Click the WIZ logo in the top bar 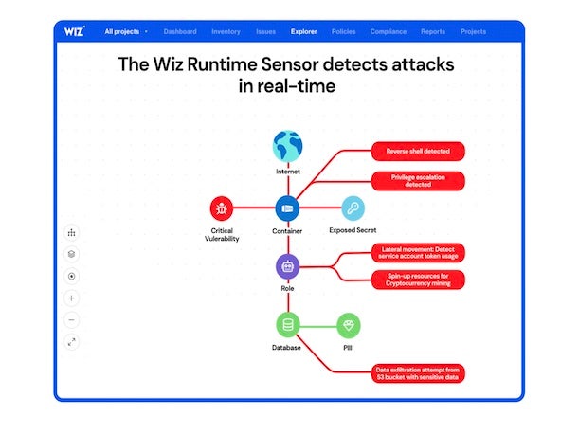tap(75, 31)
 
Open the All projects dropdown tap(126, 31)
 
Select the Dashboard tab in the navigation tap(180, 31)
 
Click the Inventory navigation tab tap(226, 31)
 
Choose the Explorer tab tap(304, 31)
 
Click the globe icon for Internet tap(287, 146)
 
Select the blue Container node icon tap(287, 208)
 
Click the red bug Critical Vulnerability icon tap(223, 208)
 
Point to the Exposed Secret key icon tap(353, 208)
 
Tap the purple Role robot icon tap(287, 266)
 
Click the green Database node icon tap(287, 326)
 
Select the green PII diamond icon tap(348, 326)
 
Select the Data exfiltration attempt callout tap(417, 373)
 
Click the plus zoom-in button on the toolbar tap(72, 298)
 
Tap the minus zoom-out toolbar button tap(72, 319)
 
